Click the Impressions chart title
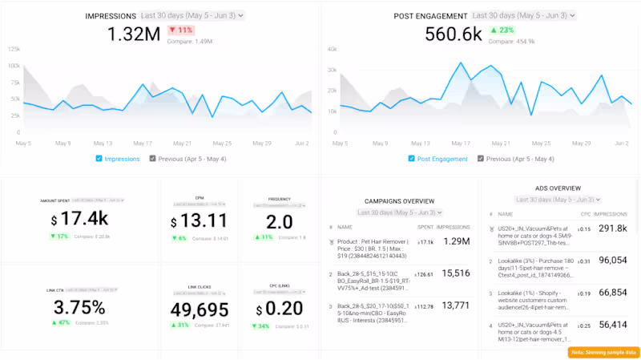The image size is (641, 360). [x=111, y=15]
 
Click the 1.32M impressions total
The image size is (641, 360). [x=135, y=34]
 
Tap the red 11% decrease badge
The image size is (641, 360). [x=181, y=30]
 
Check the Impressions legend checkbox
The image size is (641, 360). [x=99, y=159]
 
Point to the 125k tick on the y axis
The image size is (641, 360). [x=14, y=49]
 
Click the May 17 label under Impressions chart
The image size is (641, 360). [x=141, y=144]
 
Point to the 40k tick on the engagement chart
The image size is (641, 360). [x=331, y=49]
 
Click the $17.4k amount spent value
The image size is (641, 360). [x=79, y=219]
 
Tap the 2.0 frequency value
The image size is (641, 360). [x=279, y=222]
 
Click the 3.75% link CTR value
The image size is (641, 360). [x=80, y=308]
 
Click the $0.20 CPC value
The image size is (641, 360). [x=279, y=309]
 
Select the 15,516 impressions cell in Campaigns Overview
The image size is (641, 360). [x=455, y=273]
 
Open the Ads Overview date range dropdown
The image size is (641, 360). [x=558, y=200]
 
